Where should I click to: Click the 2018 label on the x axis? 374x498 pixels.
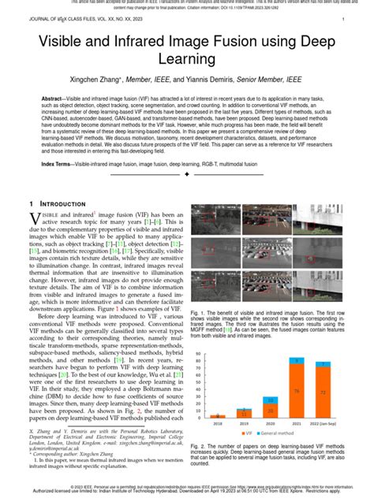pos(218,423)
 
